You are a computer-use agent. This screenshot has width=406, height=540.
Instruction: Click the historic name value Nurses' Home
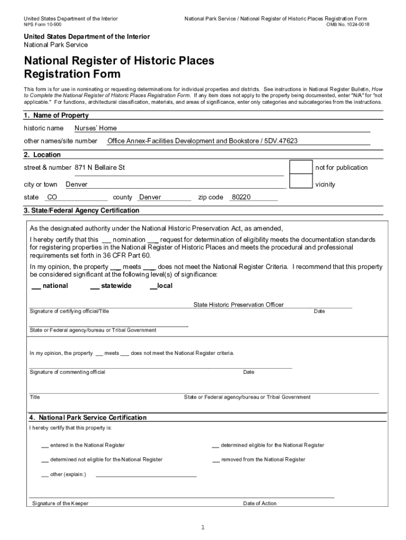pyautogui.click(x=95, y=128)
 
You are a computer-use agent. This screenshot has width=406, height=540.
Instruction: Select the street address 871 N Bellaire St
pyautogui.click(x=100, y=167)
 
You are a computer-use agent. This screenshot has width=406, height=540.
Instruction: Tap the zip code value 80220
pyautogui.click(x=241, y=197)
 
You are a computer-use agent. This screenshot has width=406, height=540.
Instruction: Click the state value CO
pyautogui.click(x=52, y=197)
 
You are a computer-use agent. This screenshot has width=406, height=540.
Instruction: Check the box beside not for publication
pyautogui.click(x=301, y=167)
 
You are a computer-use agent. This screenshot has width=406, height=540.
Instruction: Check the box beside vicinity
pyautogui.click(x=301, y=182)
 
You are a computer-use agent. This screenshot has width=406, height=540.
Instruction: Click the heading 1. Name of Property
pyautogui.click(x=52, y=115)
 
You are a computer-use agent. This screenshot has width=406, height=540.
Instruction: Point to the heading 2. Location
pyautogui.click(x=42, y=155)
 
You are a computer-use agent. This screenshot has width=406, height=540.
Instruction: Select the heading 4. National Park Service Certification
pyautogui.click(x=88, y=418)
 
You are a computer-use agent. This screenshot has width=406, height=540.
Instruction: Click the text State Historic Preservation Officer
pyautogui.click(x=238, y=305)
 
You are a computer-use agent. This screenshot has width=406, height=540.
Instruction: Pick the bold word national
pyautogui.click(x=55, y=286)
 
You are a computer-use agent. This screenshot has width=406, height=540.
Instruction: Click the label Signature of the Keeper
pyautogui.click(x=60, y=504)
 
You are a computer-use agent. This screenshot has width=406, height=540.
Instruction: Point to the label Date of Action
pyautogui.click(x=259, y=504)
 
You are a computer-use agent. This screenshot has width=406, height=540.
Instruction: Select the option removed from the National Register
pyautogui.click(x=263, y=460)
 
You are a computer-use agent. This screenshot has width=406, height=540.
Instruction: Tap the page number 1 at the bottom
pyautogui.click(x=202, y=527)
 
